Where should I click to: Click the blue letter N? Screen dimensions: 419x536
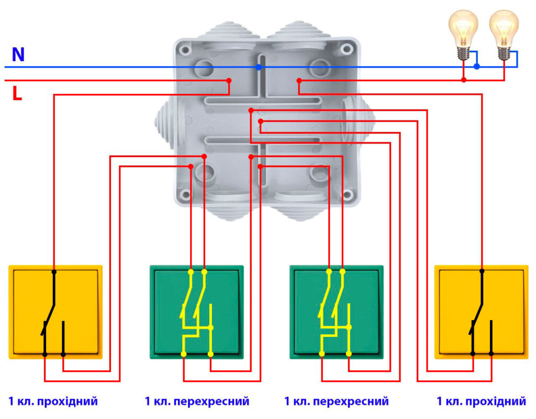coord(18,54)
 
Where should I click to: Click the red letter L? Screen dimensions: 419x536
coord(17,94)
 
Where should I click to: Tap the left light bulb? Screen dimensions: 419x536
coord(463,31)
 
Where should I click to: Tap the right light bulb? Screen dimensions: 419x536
coord(504,31)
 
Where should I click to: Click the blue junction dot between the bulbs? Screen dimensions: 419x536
coord(476,67)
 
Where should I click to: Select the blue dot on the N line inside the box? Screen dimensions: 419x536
coord(259,67)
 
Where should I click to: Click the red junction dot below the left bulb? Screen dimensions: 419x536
coord(464,80)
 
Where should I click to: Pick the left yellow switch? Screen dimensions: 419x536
coord(55,312)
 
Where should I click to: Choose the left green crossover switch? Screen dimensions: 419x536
coord(197,312)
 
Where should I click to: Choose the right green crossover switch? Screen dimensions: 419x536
coord(336,312)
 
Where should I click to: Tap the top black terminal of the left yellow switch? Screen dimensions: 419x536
coord(54,272)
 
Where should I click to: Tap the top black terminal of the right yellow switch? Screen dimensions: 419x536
coord(482,271)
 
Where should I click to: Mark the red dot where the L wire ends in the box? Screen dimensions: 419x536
coord(229,80)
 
